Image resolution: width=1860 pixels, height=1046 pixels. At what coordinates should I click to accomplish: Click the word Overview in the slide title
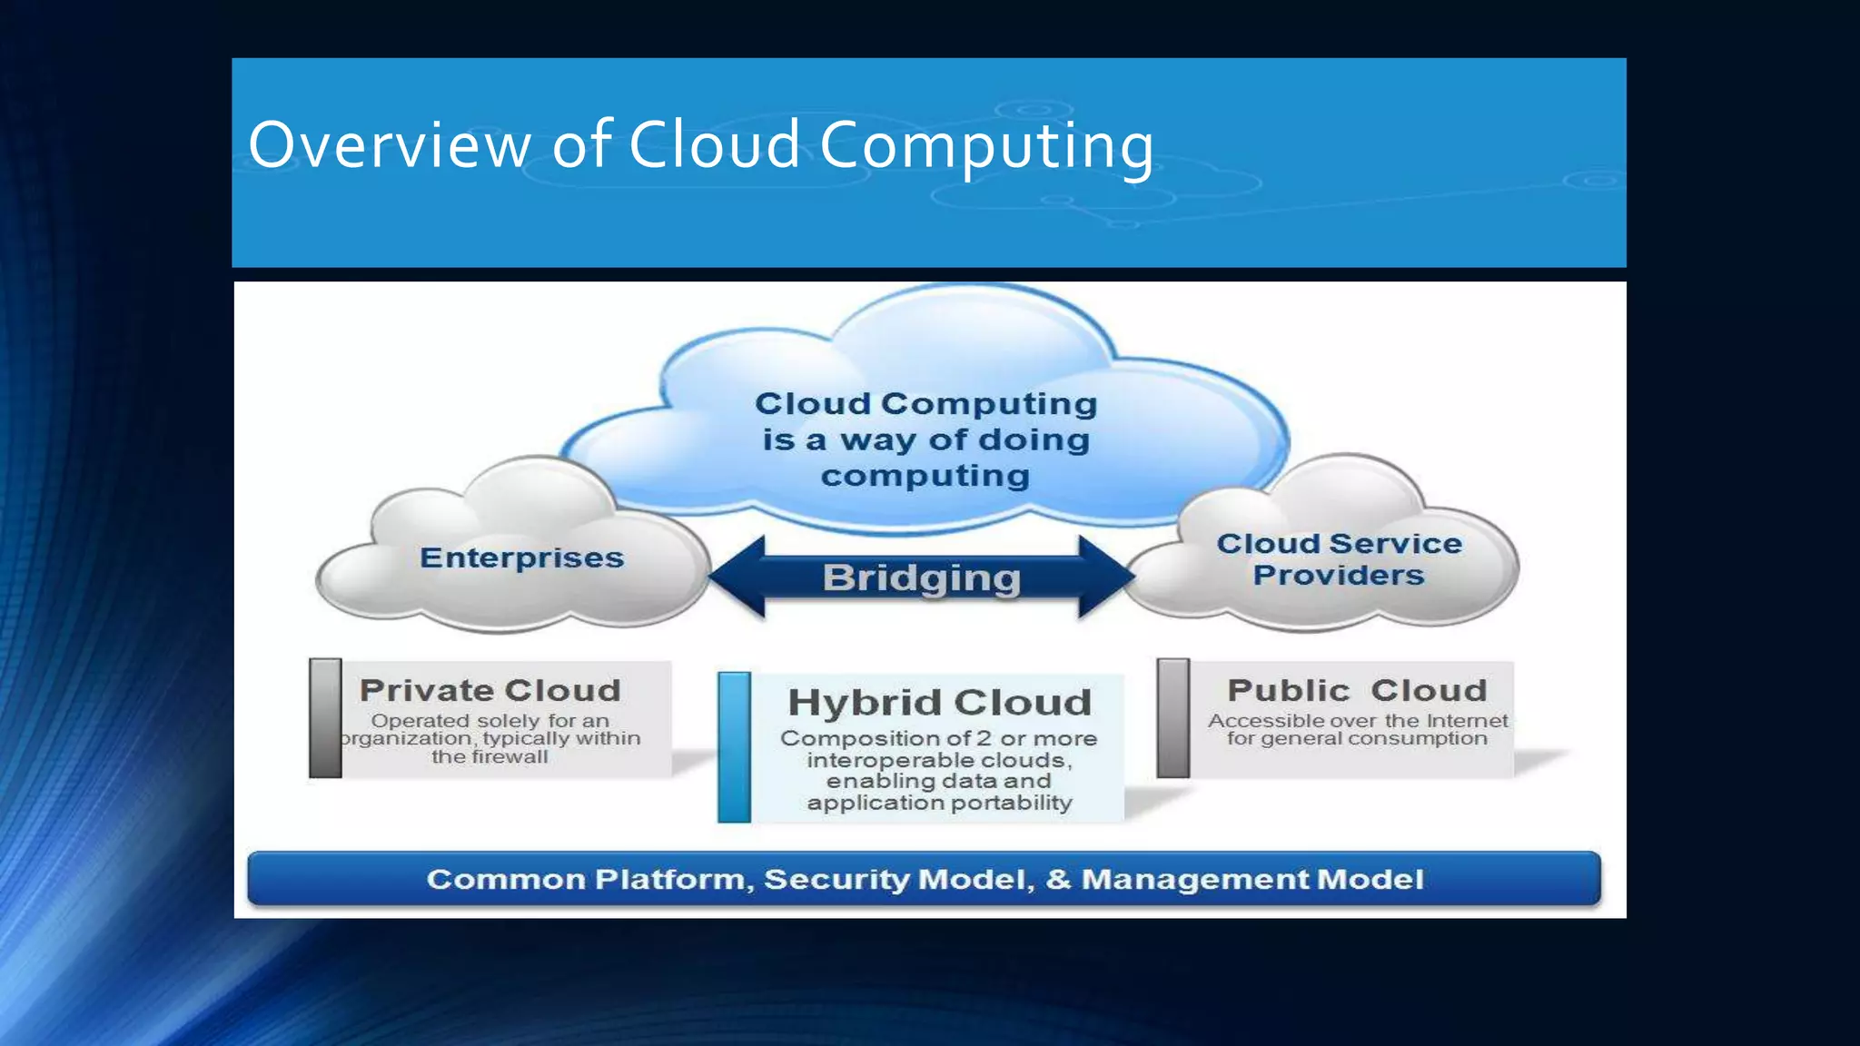click(390, 145)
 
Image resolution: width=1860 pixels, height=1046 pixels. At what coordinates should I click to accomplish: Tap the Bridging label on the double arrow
click(922, 577)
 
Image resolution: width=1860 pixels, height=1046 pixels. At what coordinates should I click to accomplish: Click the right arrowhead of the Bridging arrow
click(1105, 577)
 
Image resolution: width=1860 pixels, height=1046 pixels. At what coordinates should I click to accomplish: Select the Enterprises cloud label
click(522, 558)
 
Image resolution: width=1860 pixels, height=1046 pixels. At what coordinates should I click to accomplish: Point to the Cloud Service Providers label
click(1339, 559)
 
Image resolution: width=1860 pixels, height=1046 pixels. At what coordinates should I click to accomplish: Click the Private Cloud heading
click(490, 690)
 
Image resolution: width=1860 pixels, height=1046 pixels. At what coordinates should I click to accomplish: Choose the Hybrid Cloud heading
click(939, 702)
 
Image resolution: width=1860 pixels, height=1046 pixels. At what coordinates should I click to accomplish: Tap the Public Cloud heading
click(1357, 690)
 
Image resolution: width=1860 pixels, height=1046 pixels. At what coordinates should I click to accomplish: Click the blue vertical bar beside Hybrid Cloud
click(734, 747)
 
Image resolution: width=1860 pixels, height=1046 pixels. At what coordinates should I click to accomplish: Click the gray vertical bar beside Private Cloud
click(325, 718)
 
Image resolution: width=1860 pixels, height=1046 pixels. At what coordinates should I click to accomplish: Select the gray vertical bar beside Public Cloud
click(1172, 718)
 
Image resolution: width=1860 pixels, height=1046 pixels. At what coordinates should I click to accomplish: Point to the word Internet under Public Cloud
click(1467, 721)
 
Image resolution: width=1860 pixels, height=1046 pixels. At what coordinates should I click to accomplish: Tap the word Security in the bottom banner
click(836, 879)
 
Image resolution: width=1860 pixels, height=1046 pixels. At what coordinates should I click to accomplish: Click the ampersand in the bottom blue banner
click(1058, 879)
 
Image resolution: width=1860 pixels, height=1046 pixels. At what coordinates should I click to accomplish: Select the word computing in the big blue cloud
click(925, 476)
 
